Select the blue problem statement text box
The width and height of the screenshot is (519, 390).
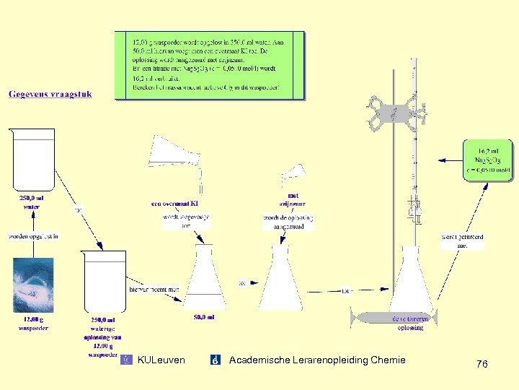pyautogui.click(x=209, y=64)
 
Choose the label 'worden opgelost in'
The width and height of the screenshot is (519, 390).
pyautogui.click(x=33, y=236)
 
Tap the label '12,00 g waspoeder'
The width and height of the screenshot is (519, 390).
pyautogui.click(x=33, y=324)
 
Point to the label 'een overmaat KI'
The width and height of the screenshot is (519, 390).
pyautogui.click(x=177, y=204)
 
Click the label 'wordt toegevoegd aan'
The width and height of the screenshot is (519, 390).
pyautogui.click(x=186, y=221)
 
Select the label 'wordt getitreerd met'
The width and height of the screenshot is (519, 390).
pyautogui.click(x=463, y=241)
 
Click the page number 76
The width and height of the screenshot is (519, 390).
pyautogui.click(x=482, y=365)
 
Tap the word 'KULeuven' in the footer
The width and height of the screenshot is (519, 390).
pyautogui.click(x=161, y=360)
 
